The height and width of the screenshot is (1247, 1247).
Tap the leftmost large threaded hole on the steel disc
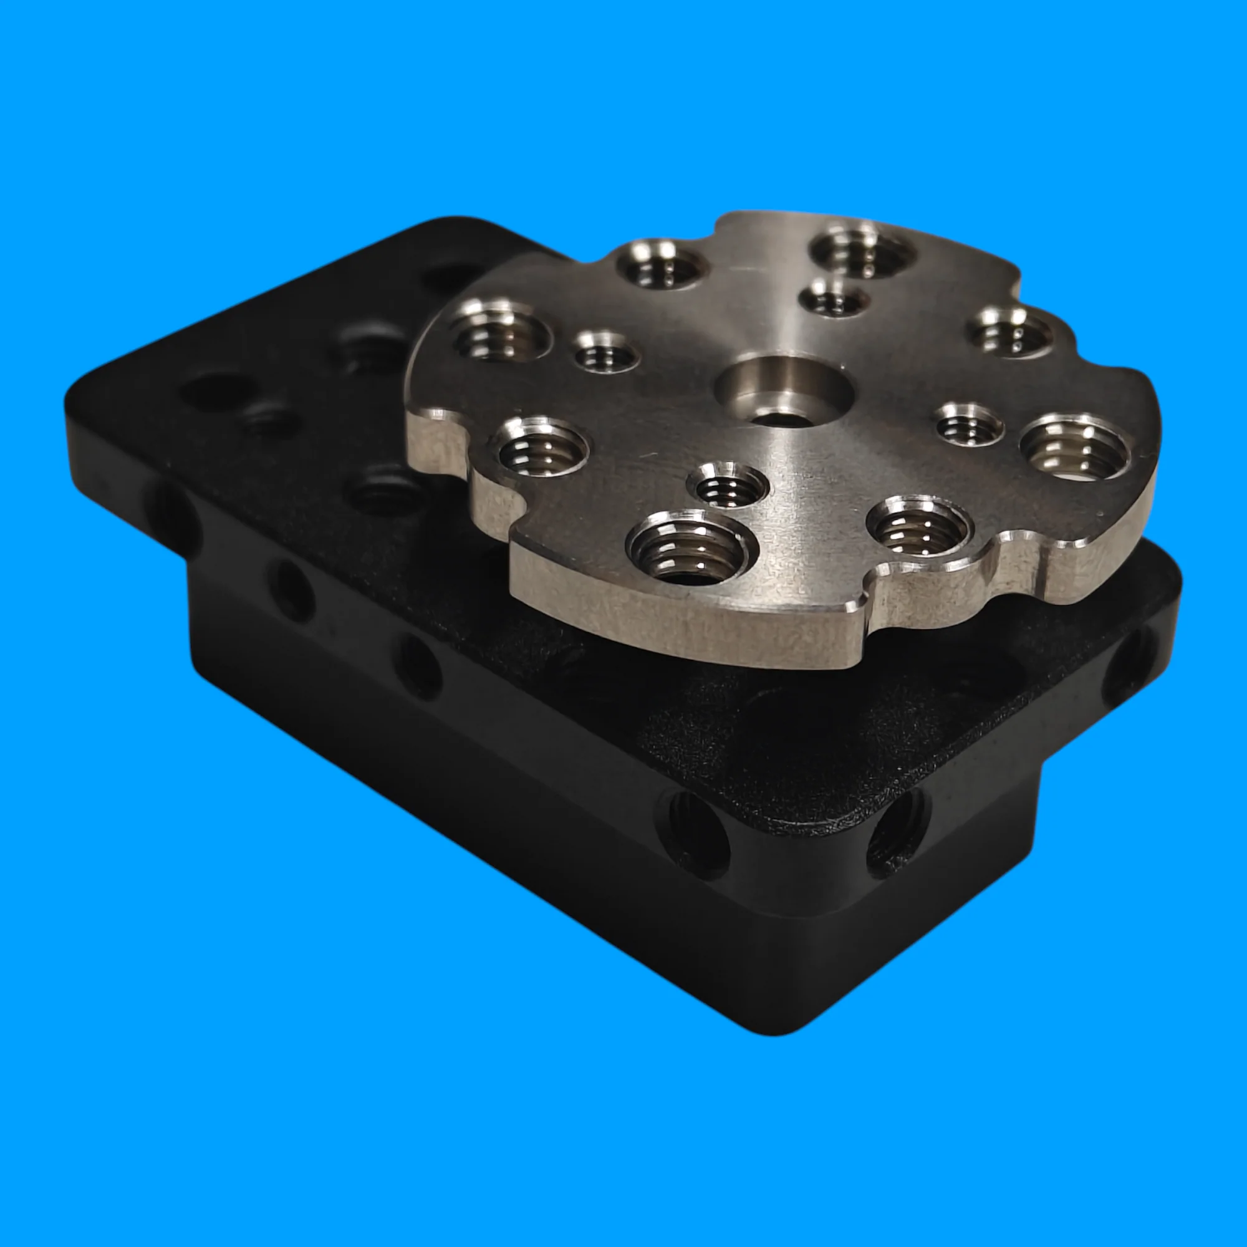(501, 333)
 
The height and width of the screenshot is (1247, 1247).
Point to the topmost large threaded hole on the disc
(862, 252)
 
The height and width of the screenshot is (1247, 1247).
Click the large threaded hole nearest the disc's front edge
(690, 548)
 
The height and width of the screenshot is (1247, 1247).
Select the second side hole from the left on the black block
(291, 589)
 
